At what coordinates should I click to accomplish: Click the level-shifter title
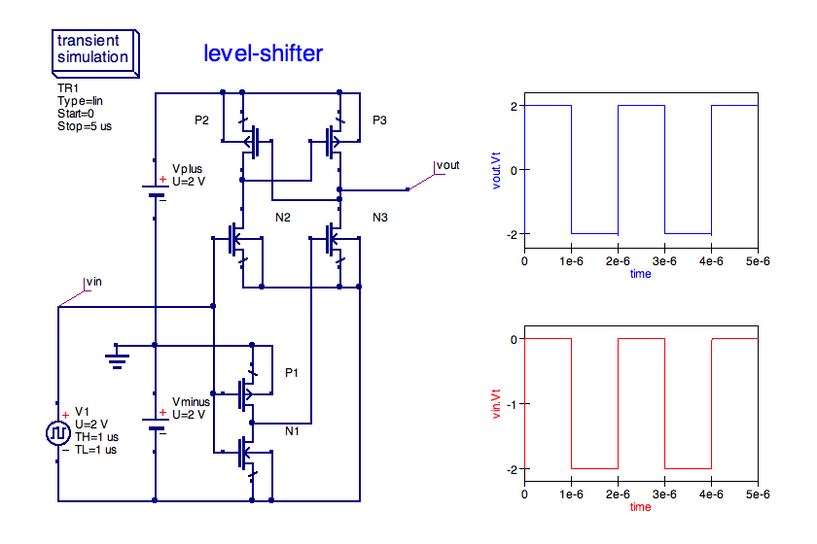pyautogui.click(x=263, y=53)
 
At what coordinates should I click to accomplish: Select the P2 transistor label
pyautogui.click(x=201, y=120)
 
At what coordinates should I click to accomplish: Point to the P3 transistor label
pyautogui.click(x=379, y=120)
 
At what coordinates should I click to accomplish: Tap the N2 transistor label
pyautogui.click(x=283, y=217)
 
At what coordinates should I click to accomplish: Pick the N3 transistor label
pyautogui.click(x=379, y=217)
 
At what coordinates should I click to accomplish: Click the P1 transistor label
pyautogui.click(x=293, y=373)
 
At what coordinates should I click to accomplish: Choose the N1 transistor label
pyautogui.click(x=293, y=430)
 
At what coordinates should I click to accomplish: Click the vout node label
pyautogui.click(x=447, y=165)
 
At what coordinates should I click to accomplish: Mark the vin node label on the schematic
pyautogui.click(x=94, y=282)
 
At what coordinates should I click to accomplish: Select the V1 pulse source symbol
pyautogui.click(x=56, y=434)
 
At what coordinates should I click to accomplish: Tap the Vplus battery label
pyautogui.click(x=187, y=169)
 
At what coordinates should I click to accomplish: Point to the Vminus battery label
pyautogui.click(x=191, y=401)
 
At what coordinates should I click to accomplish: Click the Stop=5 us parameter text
pyautogui.click(x=85, y=126)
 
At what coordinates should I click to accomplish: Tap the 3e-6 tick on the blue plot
pyautogui.click(x=664, y=260)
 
